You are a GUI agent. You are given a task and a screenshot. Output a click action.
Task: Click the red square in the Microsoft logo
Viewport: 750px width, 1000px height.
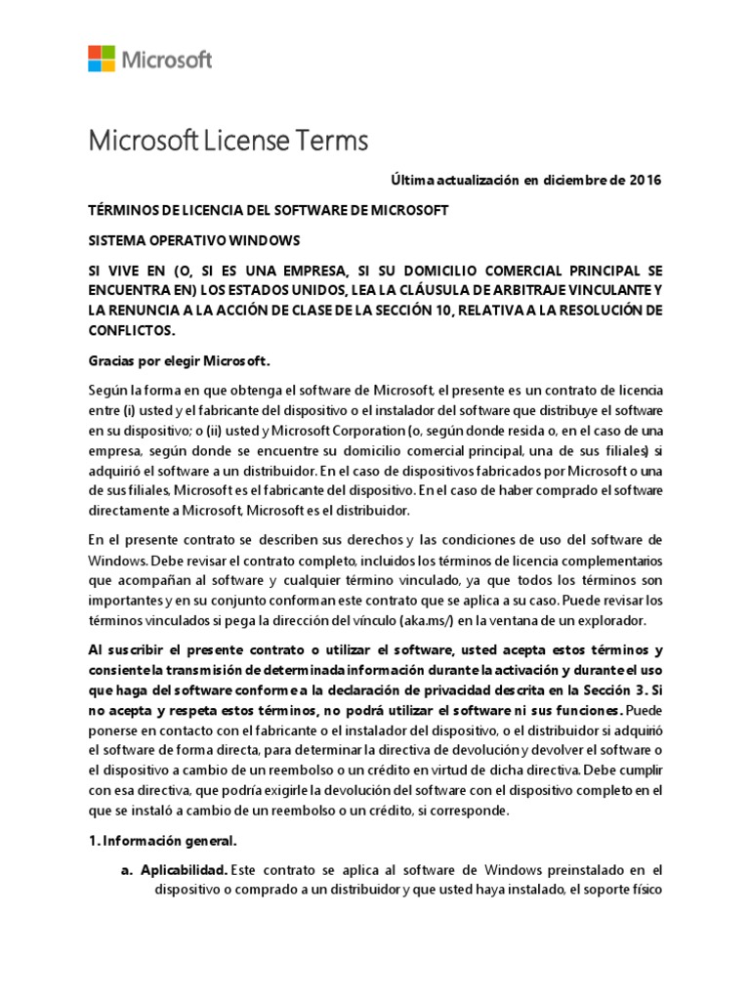(96, 52)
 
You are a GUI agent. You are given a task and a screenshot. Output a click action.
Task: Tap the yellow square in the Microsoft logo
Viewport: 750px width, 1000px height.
(108, 64)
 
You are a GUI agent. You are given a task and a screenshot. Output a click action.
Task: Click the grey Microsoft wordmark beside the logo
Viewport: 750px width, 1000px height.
(167, 60)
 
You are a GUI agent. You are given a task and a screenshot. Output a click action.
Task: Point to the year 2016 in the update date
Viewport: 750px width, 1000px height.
(640, 181)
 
